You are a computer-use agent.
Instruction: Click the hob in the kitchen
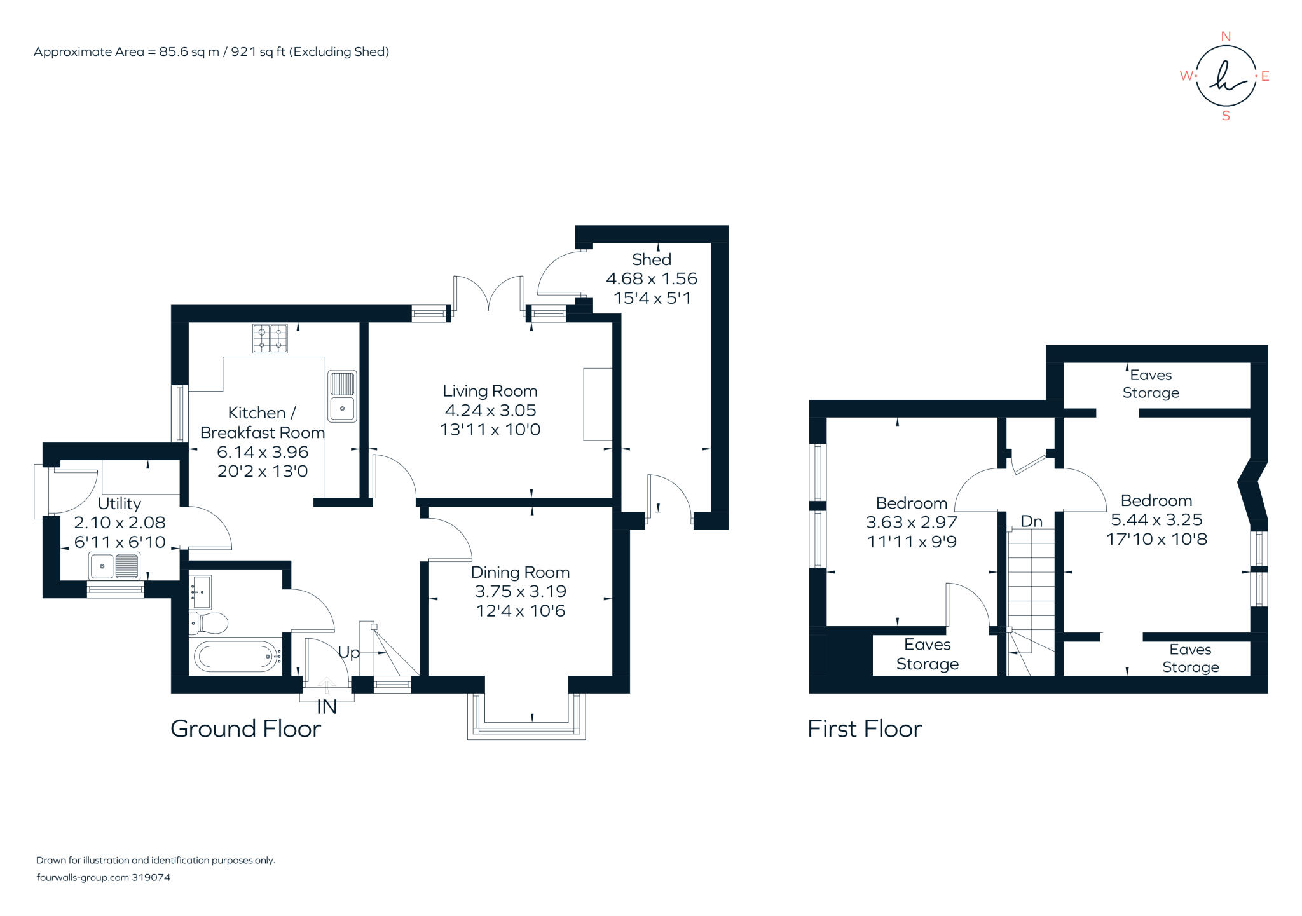tap(270, 338)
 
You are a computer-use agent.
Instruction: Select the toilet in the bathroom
tap(210, 623)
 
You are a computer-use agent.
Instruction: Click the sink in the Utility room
tap(114, 566)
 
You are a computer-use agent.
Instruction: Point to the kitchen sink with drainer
tap(342, 395)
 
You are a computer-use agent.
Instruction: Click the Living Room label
tap(490, 391)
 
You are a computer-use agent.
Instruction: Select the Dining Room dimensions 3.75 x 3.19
tap(520, 591)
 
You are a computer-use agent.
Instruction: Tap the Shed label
tap(651, 259)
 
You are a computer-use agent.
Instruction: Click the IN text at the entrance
tap(327, 707)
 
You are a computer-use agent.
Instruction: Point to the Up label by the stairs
tap(348, 652)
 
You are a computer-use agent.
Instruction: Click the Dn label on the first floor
tap(1031, 521)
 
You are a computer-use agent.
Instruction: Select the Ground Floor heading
tap(245, 728)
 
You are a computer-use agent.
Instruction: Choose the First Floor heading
tap(864, 728)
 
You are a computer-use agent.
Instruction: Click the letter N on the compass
tap(1226, 36)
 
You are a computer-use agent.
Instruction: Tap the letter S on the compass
tap(1226, 116)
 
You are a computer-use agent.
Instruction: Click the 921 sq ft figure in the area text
tap(258, 52)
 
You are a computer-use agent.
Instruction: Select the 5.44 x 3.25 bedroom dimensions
tap(1156, 519)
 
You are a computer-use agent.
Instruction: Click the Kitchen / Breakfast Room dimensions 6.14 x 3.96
tap(263, 452)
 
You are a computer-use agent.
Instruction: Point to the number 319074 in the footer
tap(151, 877)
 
